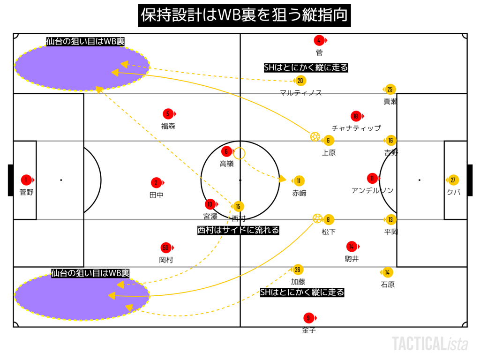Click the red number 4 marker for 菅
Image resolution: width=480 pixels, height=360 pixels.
pyautogui.click(x=319, y=40)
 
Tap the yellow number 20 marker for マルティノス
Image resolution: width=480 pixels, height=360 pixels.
pyautogui.click(x=300, y=81)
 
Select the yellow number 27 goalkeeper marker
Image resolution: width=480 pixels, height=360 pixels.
pyautogui.click(x=453, y=180)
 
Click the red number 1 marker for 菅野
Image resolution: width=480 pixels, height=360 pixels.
pyautogui.click(x=27, y=180)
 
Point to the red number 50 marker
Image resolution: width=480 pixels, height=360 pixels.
pyautogui.click(x=165, y=247)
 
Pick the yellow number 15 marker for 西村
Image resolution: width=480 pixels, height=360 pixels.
pyautogui.click(x=238, y=207)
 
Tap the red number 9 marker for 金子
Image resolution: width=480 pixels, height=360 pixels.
pyautogui.click(x=307, y=318)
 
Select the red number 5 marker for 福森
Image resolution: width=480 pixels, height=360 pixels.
pyautogui.click(x=168, y=114)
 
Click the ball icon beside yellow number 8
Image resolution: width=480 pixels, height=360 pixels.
pyautogui.click(x=317, y=218)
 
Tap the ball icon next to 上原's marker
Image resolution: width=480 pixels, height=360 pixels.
pyautogui.click(x=315, y=136)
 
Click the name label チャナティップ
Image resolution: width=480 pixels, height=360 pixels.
pyautogui.click(x=356, y=128)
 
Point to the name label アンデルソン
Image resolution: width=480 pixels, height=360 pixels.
pyautogui.click(x=373, y=190)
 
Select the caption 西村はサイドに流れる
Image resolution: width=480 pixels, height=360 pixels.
pyautogui.click(x=238, y=230)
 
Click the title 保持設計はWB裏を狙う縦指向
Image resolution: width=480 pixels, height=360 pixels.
pyautogui.click(x=245, y=15)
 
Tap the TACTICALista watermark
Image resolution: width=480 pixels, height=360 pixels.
pyautogui.click(x=430, y=344)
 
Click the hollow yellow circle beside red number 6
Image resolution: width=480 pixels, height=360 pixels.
pyautogui.click(x=239, y=153)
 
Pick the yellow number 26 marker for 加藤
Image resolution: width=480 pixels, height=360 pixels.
pyautogui.click(x=298, y=270)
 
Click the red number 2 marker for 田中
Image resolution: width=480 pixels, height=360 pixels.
pyautogui.click(x=156, y=183)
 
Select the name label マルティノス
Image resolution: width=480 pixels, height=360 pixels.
pyautogui.click(x=300, y=93)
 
